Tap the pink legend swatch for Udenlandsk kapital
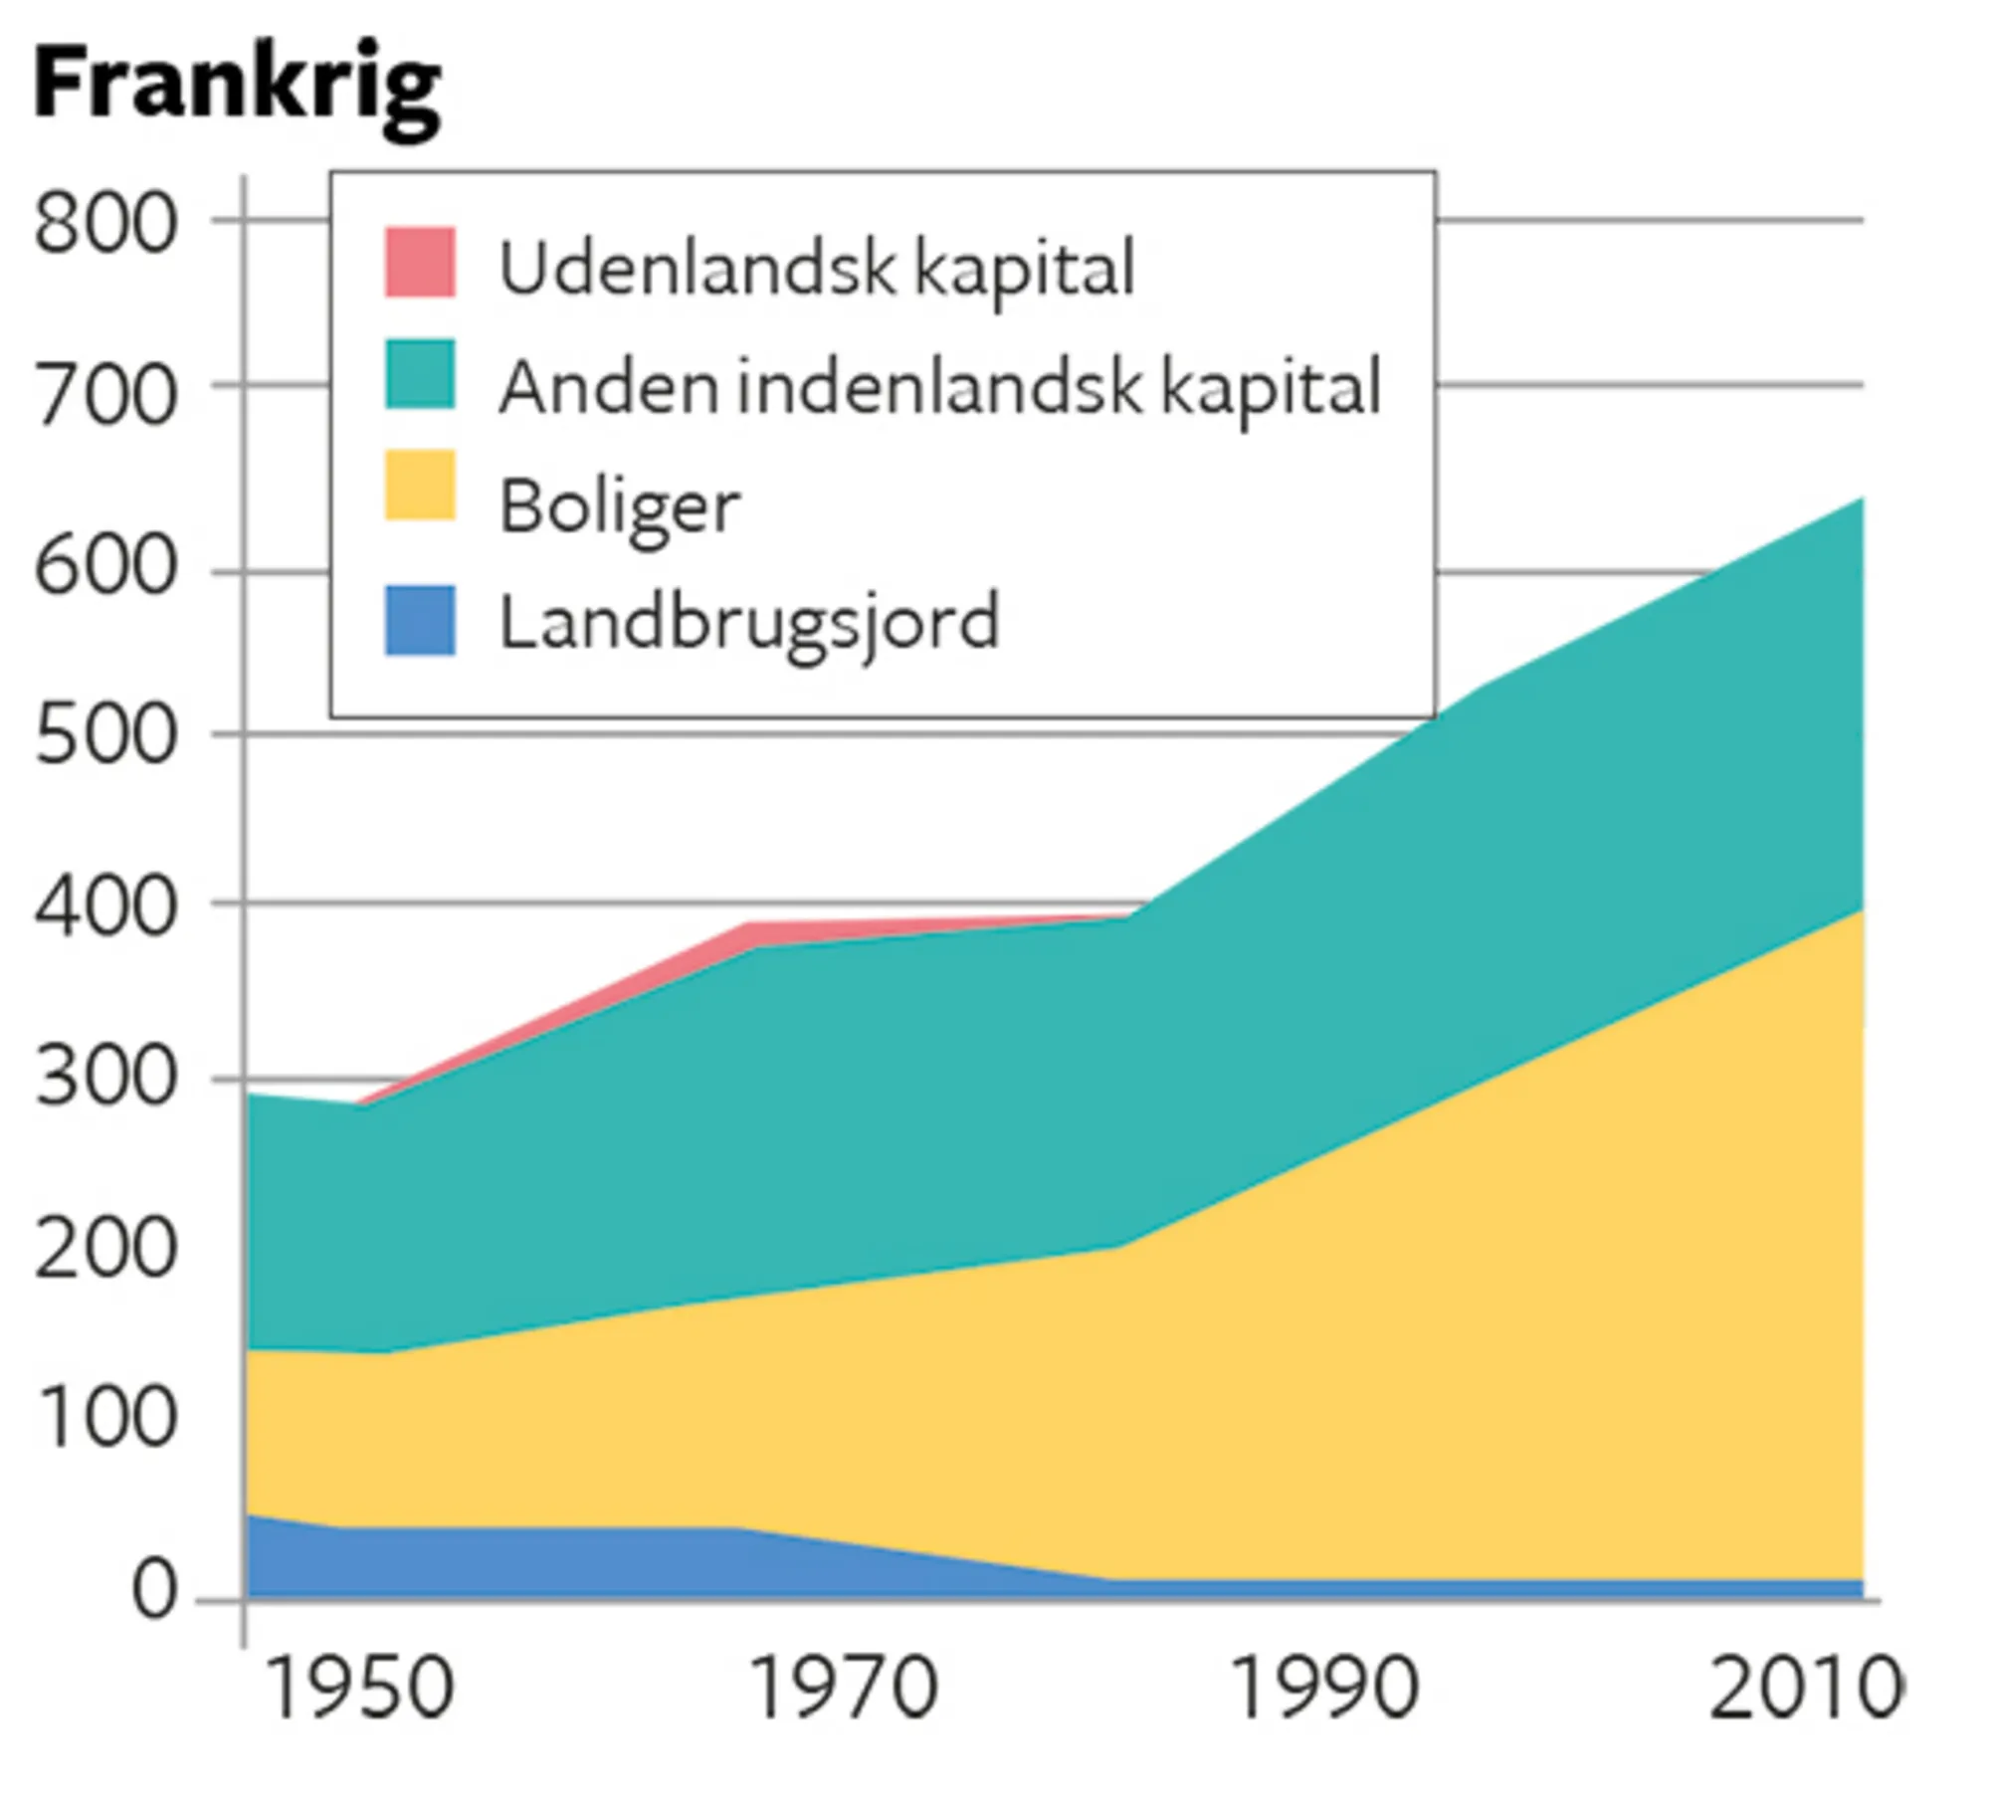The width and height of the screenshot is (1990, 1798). (x=420, y=262)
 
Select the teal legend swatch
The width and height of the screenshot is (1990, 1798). (x=420, y=374)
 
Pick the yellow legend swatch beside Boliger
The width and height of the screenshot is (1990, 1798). (x=420, y=486)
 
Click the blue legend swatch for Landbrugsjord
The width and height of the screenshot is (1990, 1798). (x=420, y=620)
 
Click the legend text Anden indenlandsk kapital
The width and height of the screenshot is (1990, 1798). (x=939, y=387)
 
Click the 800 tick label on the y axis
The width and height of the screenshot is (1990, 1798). (x=105, y=224)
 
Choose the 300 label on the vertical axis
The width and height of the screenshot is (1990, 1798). (x=105, y=1078)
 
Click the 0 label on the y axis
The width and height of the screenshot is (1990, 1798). (x=154, y=1589)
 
